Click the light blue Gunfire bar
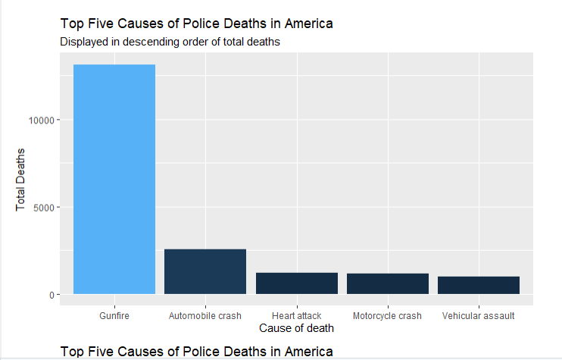click(114, 180)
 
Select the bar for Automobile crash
click(205, 271)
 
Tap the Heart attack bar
click(296, 283)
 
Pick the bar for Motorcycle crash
click(388, 283)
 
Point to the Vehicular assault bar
click(479, 285)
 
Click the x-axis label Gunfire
click(114, 315)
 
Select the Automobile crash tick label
click(205, 315)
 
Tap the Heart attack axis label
click(296, 315)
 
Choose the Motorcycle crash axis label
click(388, 315)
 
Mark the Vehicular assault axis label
click(479, 315)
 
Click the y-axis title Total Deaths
click(21, 180)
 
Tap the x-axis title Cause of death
click(296, 329)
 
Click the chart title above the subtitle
click(196, 24)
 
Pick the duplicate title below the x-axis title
click(196, 352)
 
